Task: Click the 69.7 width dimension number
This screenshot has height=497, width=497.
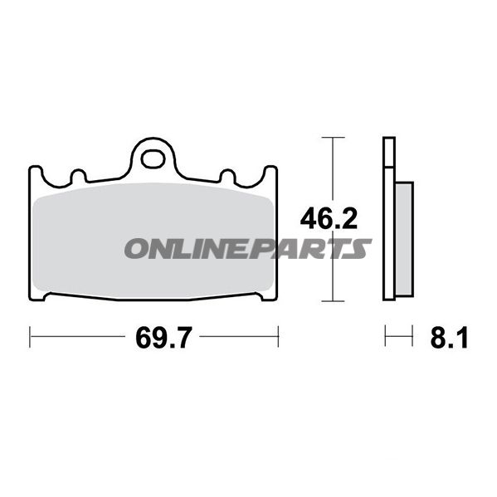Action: pos(163,338)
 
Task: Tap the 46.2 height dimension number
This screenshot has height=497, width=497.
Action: pos(329,219)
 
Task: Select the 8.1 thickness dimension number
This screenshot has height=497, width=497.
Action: pos(449,338)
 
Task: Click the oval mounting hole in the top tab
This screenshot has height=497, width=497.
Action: pos(153,159)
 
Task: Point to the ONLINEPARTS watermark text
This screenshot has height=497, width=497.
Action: pos(248,249)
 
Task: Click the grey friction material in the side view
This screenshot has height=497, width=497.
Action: pos(404,239)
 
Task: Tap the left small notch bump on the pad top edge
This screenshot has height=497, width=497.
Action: pos(78,175)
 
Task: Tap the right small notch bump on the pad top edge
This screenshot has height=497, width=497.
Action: pos(227,175)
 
